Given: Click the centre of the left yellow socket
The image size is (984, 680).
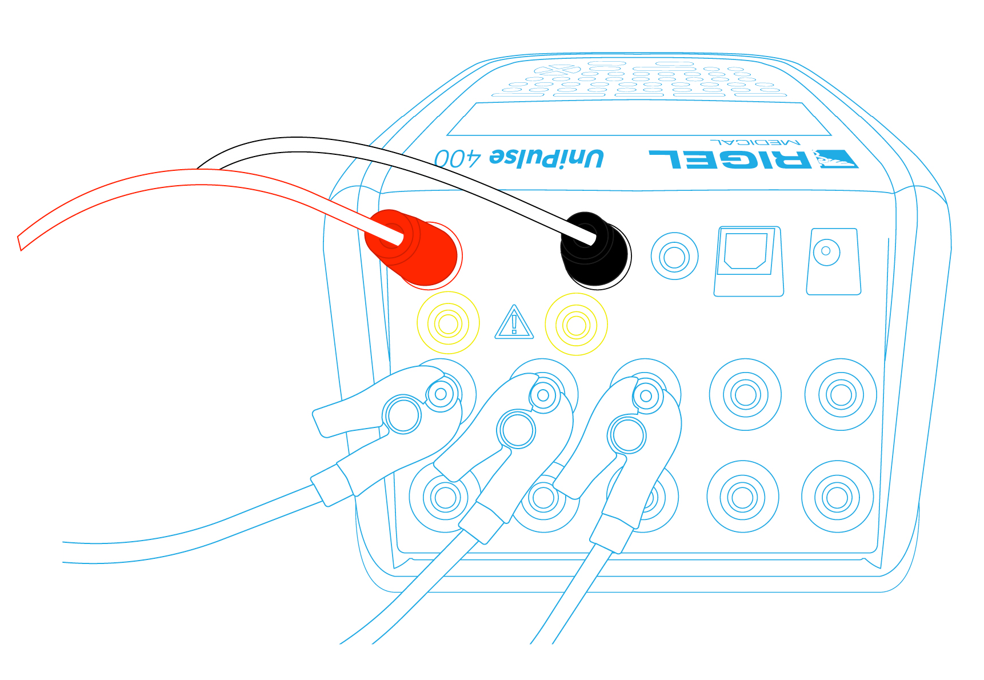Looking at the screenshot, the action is (x=448, y=323).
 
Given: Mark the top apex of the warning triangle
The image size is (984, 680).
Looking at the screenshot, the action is (x=514, y=305).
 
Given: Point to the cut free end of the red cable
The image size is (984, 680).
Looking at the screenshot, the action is (x=19, y=243).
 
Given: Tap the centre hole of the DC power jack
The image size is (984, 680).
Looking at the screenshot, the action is (x=826, y=251).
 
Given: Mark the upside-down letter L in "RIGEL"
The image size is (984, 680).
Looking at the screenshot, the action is (x=666, y=159).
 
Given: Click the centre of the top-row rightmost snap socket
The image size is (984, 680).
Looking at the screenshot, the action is (x=841, y=394).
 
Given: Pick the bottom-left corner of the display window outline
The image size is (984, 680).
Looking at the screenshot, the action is (x=446, y=135).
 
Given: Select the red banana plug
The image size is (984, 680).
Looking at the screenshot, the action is (x=413, y=248).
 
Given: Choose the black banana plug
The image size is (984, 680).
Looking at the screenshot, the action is (x=595, y=249).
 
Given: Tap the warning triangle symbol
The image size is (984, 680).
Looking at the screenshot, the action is (x=514, y=322).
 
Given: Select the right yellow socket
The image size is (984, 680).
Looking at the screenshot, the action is (x=576, y=325).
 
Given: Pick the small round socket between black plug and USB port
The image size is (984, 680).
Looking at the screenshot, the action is (x=674, y=256).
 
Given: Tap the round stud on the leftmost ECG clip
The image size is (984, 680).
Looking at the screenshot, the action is (x=403, y=414).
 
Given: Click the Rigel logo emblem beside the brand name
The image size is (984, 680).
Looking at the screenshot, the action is (x=835, y=159).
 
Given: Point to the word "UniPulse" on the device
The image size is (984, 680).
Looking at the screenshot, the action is (x=546, y=158).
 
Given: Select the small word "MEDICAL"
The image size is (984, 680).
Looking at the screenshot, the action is (x=755, y=142).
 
